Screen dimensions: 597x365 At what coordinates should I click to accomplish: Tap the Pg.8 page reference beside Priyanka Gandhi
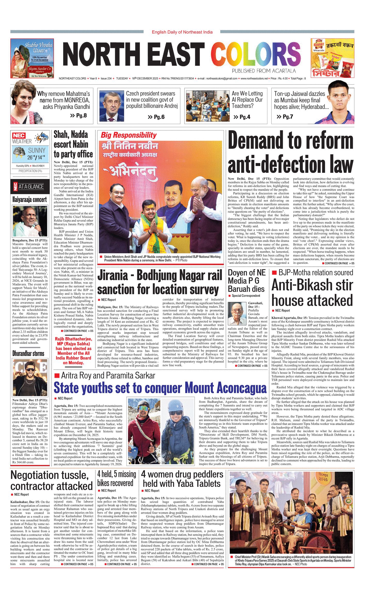tap(78, 116)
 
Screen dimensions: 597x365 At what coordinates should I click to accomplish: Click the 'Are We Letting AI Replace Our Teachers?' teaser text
tap(247, 100)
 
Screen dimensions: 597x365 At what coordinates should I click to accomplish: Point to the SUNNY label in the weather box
tap(37, 150)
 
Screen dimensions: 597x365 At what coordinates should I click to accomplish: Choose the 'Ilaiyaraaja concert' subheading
tap(30, 200)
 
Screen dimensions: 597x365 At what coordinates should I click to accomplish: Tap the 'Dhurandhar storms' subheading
tap(28, 353)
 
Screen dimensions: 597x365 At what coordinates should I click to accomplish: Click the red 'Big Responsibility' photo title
tap(128, 135)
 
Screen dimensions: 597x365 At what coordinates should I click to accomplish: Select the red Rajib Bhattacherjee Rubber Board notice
tap(73, 351)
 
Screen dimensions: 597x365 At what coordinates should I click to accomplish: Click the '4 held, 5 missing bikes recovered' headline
tap(117, 478)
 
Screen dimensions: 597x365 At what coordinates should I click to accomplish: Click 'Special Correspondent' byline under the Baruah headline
tap(246, 296)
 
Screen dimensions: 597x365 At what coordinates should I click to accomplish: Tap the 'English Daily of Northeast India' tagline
tap(182, 32)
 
